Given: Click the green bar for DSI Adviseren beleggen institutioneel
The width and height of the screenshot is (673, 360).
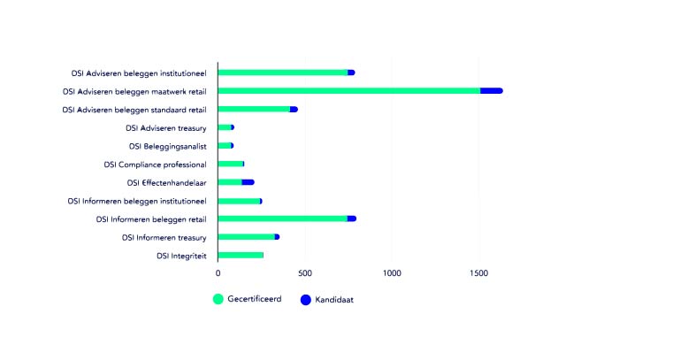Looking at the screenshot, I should tap(283, 73).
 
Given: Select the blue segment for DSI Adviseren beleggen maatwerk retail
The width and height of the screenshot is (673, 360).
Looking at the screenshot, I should tap(491, 90).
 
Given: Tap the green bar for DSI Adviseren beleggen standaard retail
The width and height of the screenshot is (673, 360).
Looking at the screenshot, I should tap(254, 109).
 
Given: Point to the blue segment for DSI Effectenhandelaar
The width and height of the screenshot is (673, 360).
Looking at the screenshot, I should tap(248, 182).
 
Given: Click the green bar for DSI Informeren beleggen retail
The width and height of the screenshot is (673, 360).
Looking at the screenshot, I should tap(283, 218).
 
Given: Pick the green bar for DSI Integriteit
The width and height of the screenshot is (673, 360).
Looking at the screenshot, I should tap(241, 255).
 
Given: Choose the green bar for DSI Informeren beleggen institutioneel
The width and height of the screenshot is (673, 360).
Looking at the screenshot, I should tap(239, 201).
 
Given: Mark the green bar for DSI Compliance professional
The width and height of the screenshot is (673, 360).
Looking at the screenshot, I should tap(230, 164).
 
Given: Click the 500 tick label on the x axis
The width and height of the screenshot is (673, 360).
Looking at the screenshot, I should tap(305, 274).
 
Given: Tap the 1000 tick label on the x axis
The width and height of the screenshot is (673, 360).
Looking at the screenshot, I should tap(392, 274).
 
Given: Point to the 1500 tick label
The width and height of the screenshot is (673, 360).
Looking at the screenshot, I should tap(478, 274).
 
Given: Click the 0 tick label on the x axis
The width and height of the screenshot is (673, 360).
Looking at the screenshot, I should tap(218, 274).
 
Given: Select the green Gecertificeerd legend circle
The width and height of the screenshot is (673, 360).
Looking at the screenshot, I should tap(218, 299).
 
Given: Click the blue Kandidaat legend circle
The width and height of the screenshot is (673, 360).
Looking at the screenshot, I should tap(306, 299).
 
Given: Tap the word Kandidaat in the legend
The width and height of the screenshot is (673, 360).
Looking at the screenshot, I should tap(334, 300).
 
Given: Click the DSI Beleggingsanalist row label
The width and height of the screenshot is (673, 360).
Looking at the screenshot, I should tap(167, 146).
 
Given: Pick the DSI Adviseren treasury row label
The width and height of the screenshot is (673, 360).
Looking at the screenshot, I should tap(165, 127).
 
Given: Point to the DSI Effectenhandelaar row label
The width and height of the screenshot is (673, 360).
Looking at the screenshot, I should tap(166, 182).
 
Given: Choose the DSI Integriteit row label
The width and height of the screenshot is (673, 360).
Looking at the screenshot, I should tap(181, 256).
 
